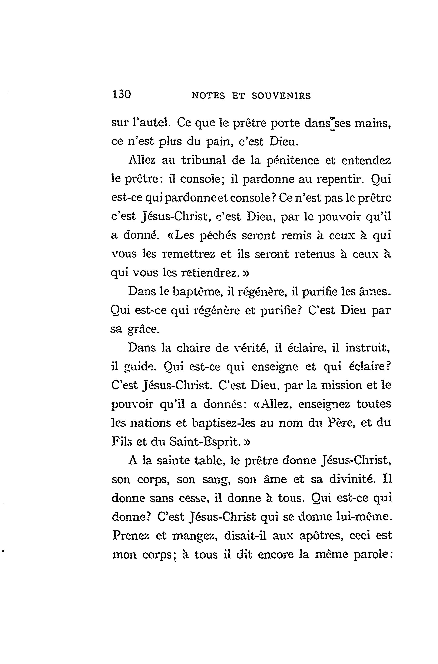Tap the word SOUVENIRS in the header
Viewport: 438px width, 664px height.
pyautogui.click(x=281, y=96)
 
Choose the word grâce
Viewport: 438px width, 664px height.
pyautogui.click(x=144, y=329)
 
